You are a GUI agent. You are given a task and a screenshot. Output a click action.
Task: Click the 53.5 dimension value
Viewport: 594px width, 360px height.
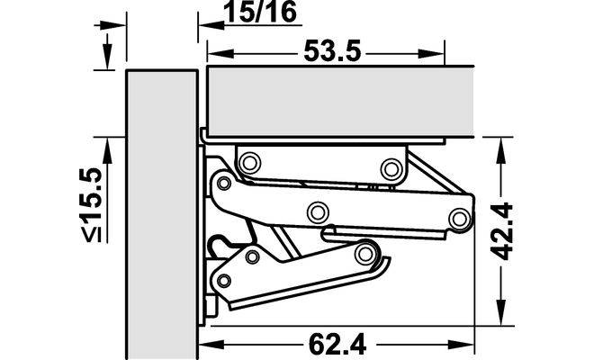[x=332, y=52]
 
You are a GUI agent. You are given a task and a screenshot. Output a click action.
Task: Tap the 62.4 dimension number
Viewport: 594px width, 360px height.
[x=337, y=345]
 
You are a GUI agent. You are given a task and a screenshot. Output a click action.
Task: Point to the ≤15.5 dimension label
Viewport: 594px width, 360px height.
[x=93, y=204]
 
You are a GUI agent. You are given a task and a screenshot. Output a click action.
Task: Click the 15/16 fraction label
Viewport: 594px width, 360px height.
[x=260, y=12]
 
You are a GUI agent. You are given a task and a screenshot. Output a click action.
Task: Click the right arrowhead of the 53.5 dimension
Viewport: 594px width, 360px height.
[x=431, y=54]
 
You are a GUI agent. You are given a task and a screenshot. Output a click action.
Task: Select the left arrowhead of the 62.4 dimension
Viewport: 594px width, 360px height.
[x=211, y=345]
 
